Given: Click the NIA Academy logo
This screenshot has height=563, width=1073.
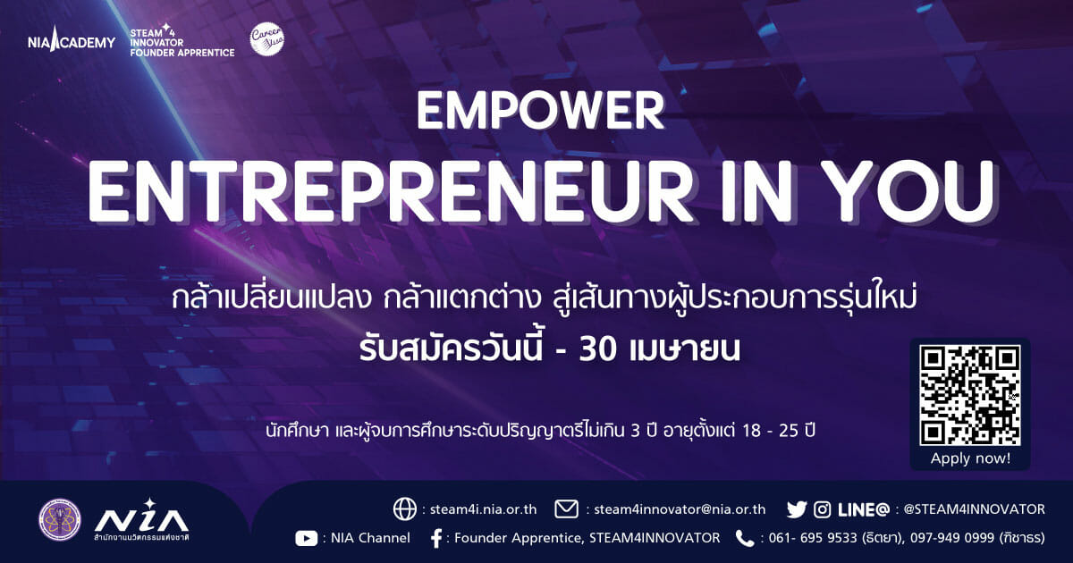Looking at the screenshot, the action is pos(72,39).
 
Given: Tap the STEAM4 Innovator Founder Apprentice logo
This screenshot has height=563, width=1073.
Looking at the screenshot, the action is pos(182,41).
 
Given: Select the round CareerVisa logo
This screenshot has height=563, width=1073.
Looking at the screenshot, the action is pos(267,38).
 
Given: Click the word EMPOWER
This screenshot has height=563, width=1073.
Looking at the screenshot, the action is pos(540,111).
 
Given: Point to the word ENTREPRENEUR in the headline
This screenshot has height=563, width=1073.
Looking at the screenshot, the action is pos(391,191).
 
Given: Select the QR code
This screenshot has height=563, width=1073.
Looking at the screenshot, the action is pos(969,395).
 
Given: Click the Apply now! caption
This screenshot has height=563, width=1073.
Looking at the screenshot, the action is pos(970,458).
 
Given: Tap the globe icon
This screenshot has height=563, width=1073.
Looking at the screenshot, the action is pos(405,508).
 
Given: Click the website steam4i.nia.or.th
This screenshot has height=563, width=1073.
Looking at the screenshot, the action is pos(484,508).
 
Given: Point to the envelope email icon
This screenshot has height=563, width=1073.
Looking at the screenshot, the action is pos(566,508).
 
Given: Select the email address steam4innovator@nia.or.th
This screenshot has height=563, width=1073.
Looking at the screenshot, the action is pos(680,508).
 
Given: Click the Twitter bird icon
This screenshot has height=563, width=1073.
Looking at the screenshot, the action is pos(797,509).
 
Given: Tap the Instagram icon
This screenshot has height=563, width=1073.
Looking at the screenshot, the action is pos(822,509).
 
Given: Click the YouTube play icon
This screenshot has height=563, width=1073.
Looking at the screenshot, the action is pos(307,539).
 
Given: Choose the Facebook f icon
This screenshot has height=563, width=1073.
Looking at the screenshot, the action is pos(436,539).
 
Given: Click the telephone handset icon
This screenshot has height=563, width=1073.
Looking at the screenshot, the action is pos(744,539).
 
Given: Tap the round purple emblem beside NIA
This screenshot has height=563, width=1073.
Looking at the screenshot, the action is pos(60,520).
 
